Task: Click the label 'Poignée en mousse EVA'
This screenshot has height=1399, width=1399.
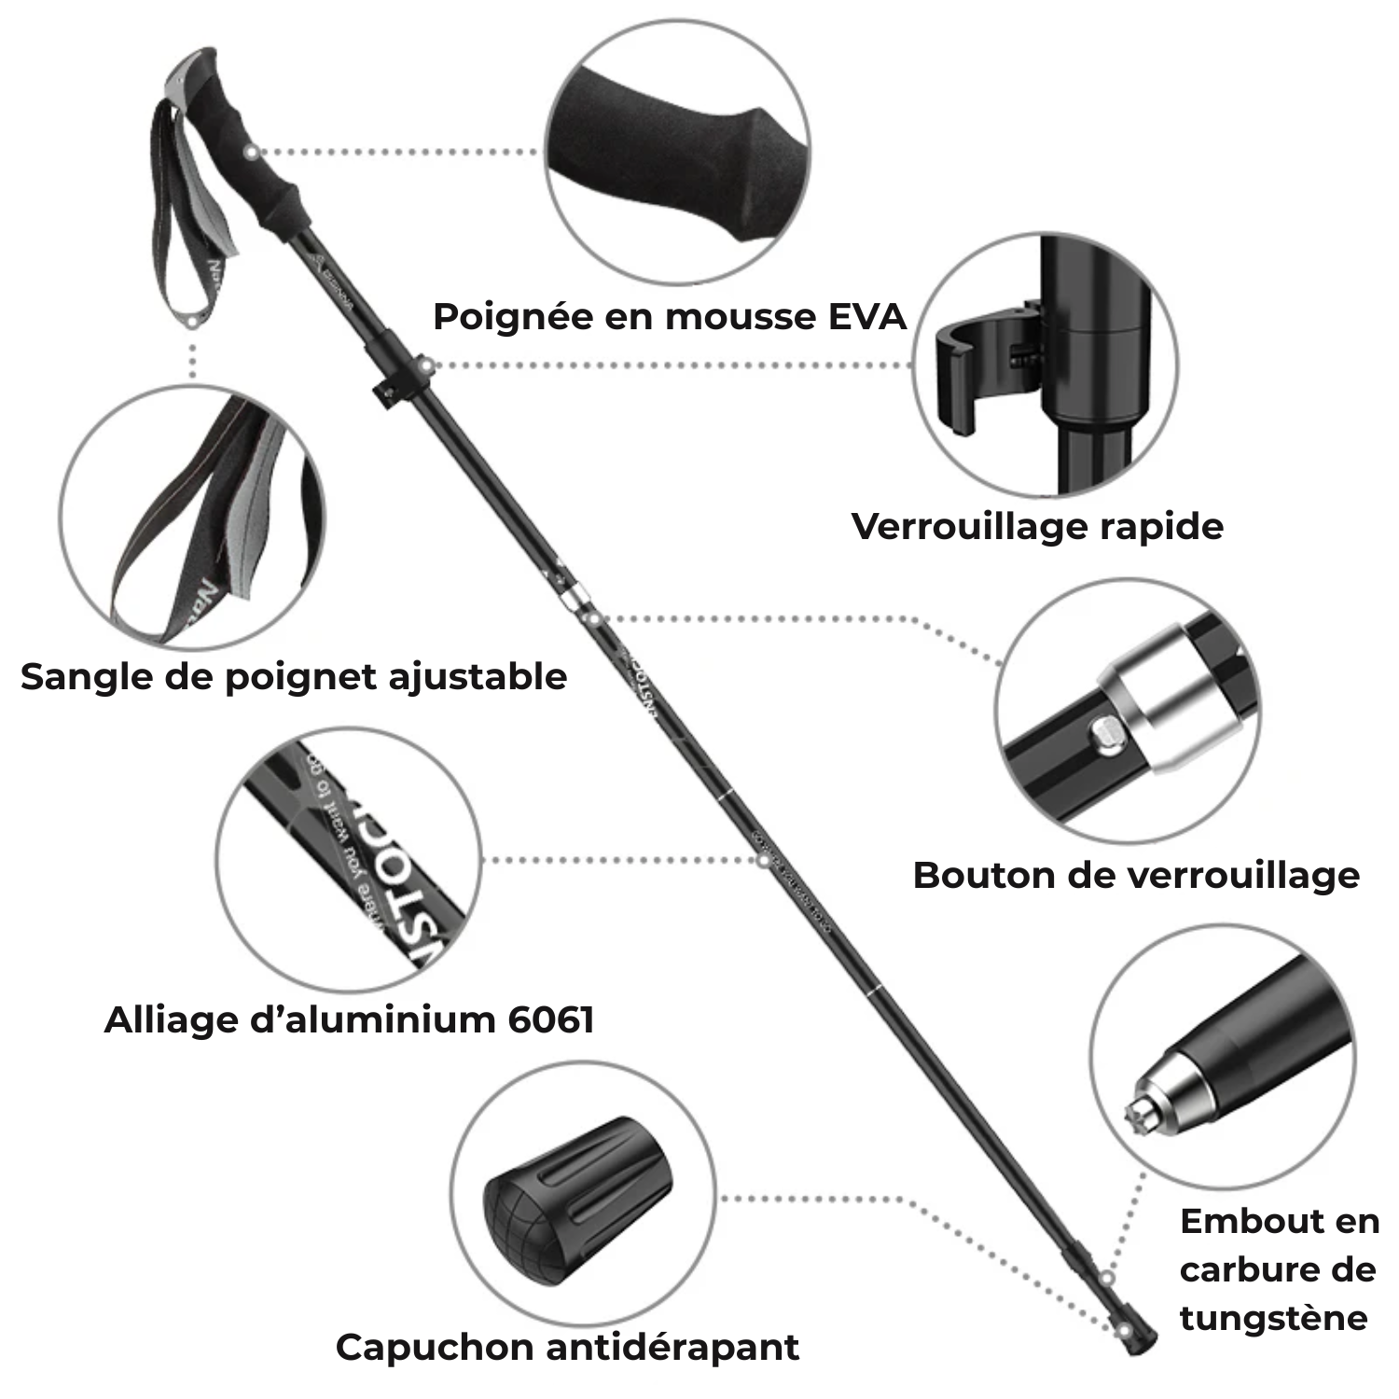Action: [x=669, y=317]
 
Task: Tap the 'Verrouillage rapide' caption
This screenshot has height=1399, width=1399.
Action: [x=1037, y=526]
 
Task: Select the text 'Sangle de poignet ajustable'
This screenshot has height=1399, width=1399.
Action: [x=294, y=676]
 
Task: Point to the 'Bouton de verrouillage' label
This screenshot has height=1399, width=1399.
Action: [x=1136, y=876]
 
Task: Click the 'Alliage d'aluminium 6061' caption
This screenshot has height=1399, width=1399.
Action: [x=349, y=1019]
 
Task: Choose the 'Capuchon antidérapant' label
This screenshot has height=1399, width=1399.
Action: [x=567, y=1347]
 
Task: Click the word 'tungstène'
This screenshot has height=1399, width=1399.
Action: [x=1273, y=1318]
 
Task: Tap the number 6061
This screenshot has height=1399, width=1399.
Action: [x=551, y=1019]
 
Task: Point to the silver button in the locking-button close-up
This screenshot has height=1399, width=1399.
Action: [x=1108, y=735]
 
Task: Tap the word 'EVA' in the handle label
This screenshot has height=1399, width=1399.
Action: [x=867, y=317]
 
